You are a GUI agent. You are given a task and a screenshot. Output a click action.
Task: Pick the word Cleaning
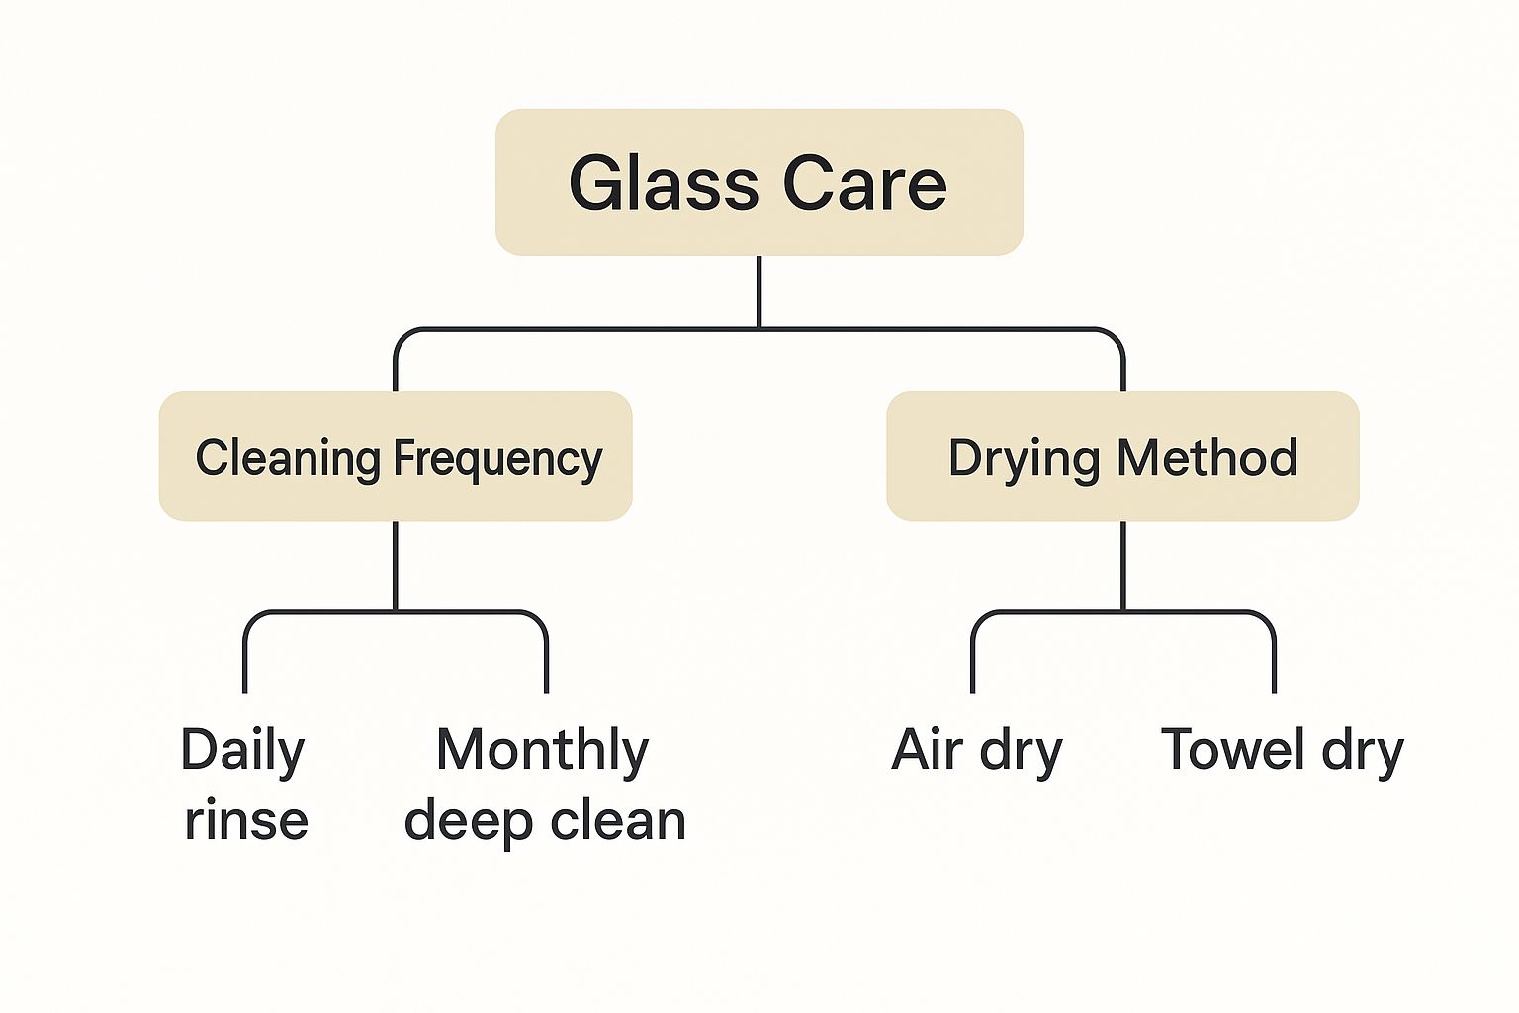(x=288, y=458)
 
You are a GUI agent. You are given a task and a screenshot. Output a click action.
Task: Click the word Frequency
(x=497, y=459)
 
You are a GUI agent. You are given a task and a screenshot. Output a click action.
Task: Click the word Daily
(x=243, y=751)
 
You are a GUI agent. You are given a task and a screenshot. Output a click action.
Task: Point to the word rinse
(x=246, y=821)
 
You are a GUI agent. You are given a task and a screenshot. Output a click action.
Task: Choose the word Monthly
(x=542, y=751)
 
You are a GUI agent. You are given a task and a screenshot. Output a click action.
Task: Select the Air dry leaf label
(x=977, y=751)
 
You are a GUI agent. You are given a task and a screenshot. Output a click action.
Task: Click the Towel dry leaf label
(x=1282, y=751)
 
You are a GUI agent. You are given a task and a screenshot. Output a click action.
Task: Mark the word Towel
(x=1233, y=749)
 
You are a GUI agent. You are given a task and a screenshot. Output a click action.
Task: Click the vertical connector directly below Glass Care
(x=759, y=292)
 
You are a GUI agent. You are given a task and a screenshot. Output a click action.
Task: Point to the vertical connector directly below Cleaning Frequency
(x=396, y=565)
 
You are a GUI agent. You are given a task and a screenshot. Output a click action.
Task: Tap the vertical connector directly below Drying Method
(x=1123, y=565)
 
